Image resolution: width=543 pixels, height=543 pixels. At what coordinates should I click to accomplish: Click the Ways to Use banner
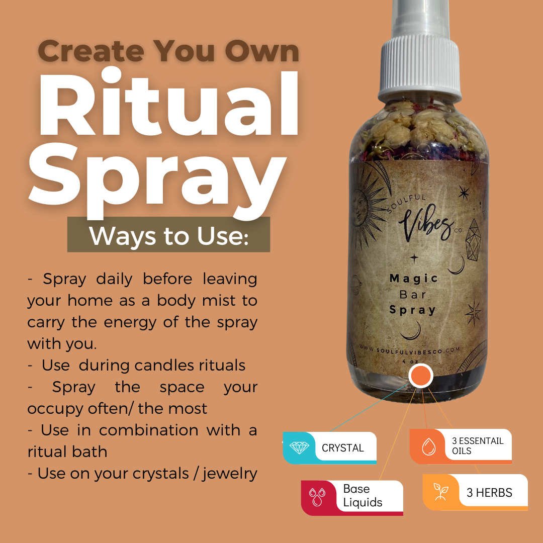168,235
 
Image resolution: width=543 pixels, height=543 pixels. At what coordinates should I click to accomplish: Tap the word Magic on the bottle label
414,278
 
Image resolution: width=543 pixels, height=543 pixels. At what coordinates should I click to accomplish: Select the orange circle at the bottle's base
420,376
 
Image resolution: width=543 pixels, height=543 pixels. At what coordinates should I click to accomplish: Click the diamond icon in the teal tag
299,447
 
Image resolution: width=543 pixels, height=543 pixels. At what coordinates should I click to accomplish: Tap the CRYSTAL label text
343,447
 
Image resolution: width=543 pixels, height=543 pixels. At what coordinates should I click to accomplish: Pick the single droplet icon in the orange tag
428,446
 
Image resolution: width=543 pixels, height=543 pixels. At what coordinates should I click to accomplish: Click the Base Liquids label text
363,496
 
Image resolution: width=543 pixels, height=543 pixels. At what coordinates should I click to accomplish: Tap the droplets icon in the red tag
317,497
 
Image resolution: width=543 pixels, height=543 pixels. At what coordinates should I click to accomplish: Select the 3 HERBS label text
489,493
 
